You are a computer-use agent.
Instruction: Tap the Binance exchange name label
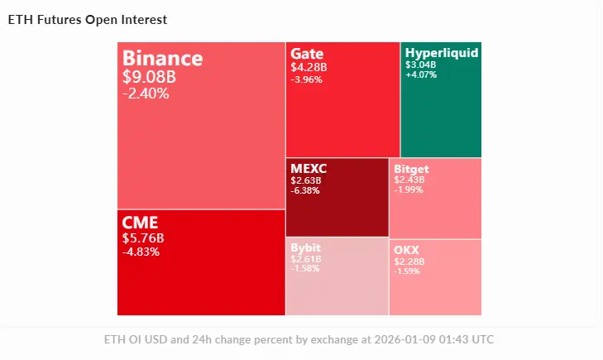point(162,59)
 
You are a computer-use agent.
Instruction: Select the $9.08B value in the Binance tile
point(149,77)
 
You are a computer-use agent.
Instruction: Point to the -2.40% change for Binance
point(146,94)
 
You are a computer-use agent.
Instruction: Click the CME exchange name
point(140,223)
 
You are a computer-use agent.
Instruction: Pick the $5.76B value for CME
point(143,238)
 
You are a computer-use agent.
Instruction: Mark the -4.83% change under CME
point(141,252)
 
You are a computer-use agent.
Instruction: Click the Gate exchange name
point(307,53)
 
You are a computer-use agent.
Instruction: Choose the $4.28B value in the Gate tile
point(309,67)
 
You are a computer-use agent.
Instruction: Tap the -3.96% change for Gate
point(306,80)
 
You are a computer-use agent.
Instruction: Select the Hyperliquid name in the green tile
point(441,53)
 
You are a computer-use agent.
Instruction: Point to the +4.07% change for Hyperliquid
point(421,74)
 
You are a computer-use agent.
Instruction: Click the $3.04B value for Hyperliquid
point(420,64)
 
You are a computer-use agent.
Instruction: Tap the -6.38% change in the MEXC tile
point(306,191)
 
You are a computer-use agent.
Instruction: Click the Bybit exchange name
point(306,247)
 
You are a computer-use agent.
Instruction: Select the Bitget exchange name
point(411,170)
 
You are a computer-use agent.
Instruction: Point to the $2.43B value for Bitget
point(409,180)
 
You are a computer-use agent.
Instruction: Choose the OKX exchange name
point(406,249)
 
